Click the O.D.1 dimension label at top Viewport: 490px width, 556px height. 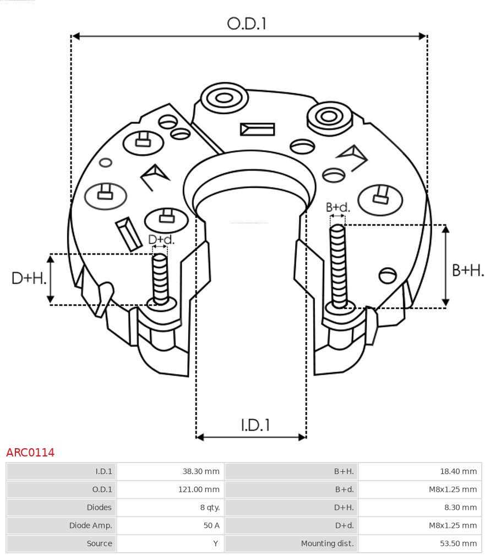click(x=247, y=24)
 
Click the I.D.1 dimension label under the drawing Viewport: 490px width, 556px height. click(x=255, y=425)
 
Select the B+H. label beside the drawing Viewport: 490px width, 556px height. click(x=467, y=270)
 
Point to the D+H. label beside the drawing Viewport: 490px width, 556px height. click(x=28, y=278)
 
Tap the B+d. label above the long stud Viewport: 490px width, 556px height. click(x=337, y=207)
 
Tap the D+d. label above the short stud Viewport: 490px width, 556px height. click(x=161, y=239)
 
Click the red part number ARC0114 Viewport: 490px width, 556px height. click(x=30, y=453)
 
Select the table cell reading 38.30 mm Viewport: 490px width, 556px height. click(x=201, y=471)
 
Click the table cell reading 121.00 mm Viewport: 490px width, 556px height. click(x=199, y=489)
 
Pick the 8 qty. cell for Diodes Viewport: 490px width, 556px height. click(x=209, y=508)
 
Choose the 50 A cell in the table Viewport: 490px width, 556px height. click(x=211, y=525)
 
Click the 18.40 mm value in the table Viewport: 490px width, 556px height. click(x=459, y=471)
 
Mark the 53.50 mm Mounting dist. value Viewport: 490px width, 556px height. click(x=459, y=543)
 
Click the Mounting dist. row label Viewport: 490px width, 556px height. click(x=327, y=543)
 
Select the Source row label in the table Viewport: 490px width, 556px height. click(x=99, y=543)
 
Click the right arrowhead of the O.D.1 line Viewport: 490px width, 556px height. click(x=423, y=36)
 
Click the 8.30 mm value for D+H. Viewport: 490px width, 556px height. click(x=461, y=508)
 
